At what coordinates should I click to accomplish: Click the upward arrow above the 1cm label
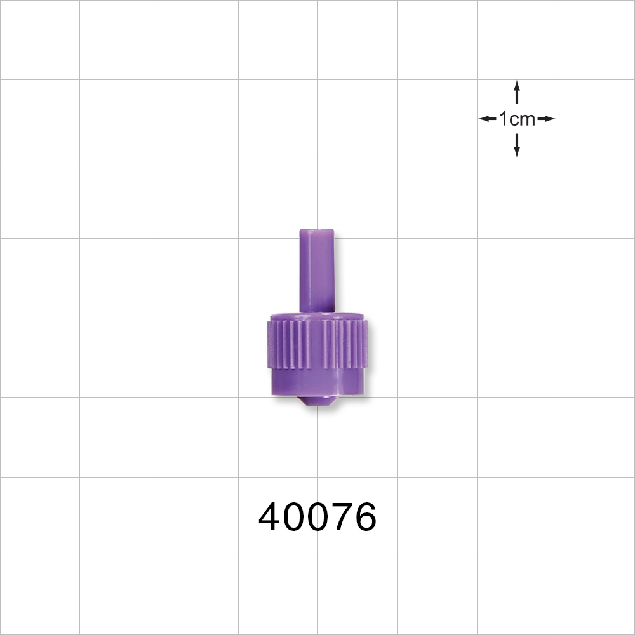pos(517,92)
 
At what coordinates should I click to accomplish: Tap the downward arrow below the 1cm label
pos(517,145)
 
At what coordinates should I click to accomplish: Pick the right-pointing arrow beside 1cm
pos(546,119)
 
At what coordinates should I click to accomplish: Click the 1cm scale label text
pos(517,119)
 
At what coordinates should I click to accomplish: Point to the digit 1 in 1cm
pos(503,119)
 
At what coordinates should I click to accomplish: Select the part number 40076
pos(317,517)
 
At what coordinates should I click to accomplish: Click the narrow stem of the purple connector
pos(316,273)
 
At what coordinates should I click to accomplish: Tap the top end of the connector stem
pos(316,232)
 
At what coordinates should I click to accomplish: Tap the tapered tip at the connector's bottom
pos(317,401)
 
